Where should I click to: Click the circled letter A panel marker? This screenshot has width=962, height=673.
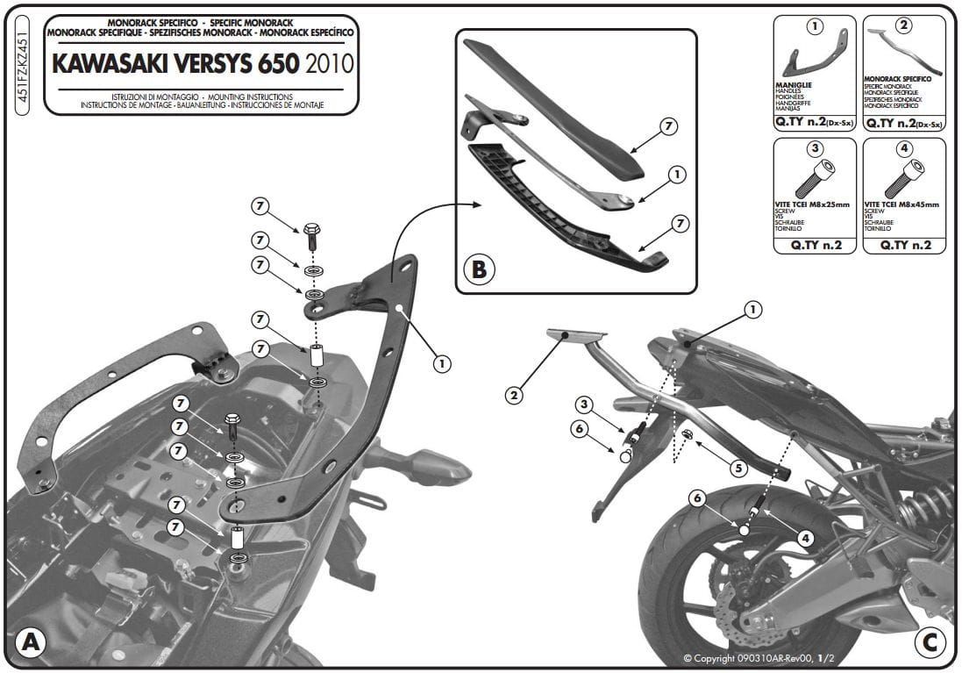[31, 642]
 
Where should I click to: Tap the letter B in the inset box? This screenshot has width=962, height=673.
[479, 268]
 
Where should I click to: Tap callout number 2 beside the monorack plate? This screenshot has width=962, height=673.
[515, 396]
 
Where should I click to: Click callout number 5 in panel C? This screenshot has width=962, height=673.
[738, 469]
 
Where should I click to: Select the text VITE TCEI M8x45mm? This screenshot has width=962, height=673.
[901, 204]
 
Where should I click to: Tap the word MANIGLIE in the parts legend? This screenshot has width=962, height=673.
[794, 85]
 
